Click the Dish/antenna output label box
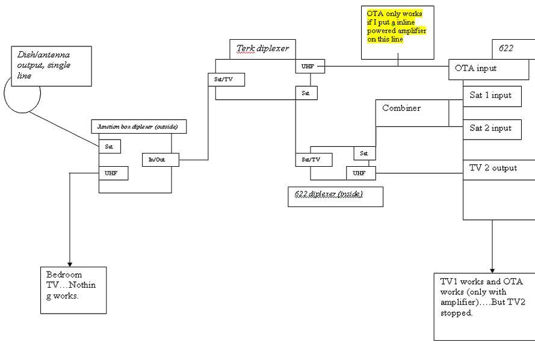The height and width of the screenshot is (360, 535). [x=52, y=66]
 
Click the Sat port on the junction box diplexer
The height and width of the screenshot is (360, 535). [x=110, y=147]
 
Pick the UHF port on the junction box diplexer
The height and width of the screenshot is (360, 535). [x=114, y=173]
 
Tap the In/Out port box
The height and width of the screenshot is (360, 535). [x=160, y=160]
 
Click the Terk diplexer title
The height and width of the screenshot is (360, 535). [x=263, y=48]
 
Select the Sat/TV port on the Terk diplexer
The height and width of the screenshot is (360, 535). [x=226, y=79]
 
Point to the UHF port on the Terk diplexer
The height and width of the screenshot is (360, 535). [x=310, y=67]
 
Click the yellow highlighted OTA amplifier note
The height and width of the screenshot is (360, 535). [x=397, y=26]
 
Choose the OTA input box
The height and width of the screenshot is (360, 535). [x=489, y=70]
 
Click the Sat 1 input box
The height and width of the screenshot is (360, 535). [x=492, y=96]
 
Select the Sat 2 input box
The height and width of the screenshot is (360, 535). [x=492, y=129]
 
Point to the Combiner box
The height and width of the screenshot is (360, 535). [x=412, y=113]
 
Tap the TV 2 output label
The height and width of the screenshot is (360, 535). [x=493, y=168]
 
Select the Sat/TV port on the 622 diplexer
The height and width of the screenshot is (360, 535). [x=314, y=160]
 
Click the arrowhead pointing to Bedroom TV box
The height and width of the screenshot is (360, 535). [x=70, y=264]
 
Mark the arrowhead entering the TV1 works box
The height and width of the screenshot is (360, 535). [x=492, y=270]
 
